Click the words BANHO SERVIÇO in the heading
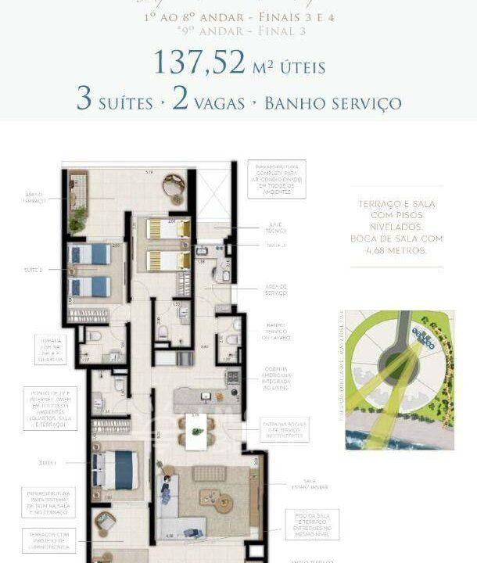(333, 103)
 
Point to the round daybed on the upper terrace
(174, 188)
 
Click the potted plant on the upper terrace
(77, 220)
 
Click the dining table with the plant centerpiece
(195, 427)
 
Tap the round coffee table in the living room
(212, 500)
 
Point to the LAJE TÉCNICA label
(275, 227)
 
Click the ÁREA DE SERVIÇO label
(275, 292)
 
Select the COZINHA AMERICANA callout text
(275, 379)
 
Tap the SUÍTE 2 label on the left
(34, 269)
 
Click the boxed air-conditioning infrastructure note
(276, 179)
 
